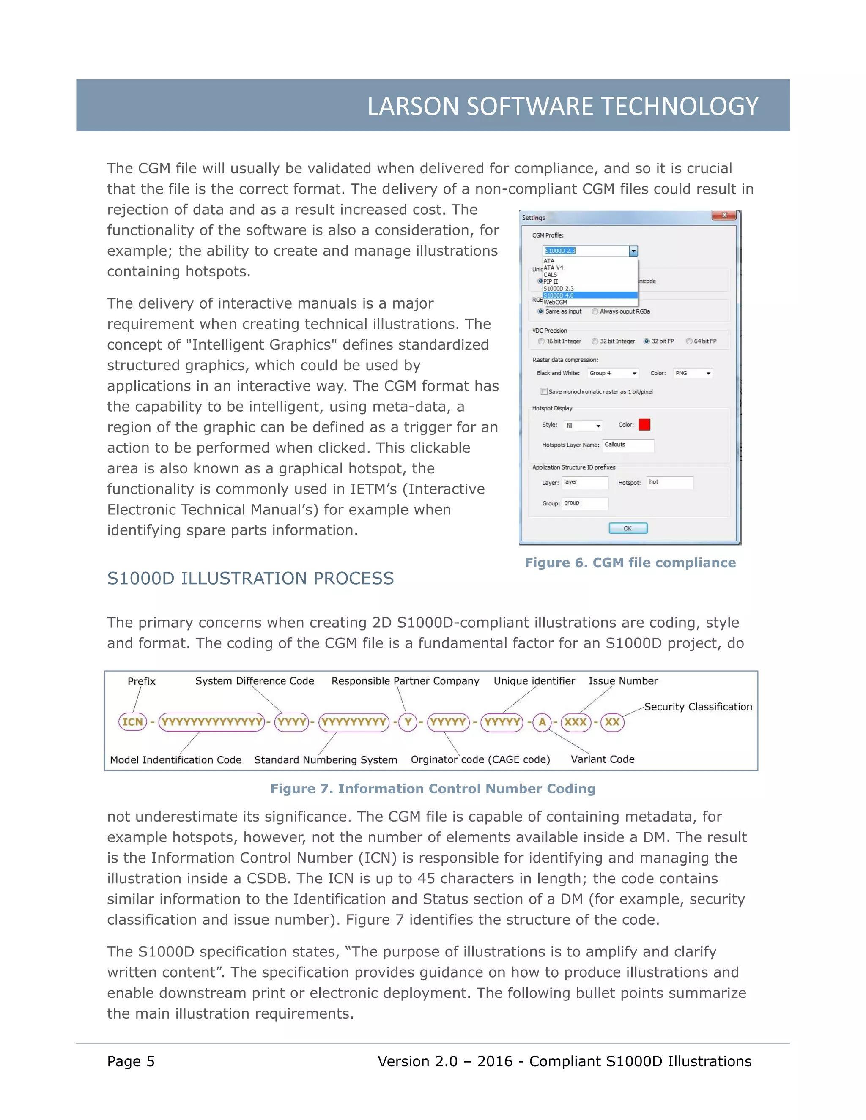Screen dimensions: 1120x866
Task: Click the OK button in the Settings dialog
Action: coord(628,528)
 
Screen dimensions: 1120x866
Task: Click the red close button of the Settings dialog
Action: coord(724,216)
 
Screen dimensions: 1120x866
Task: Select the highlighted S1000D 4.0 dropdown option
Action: coord(589,295)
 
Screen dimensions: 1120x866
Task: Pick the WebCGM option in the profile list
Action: coord(555,303)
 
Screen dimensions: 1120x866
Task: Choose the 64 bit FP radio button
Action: coord(689,341)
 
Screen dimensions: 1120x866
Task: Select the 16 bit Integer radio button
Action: coord(541,341)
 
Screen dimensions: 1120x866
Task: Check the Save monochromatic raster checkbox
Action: coord(544,392)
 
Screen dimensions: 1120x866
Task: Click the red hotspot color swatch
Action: coord(644,425)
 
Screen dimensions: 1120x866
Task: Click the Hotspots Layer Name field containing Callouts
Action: coord(628,445)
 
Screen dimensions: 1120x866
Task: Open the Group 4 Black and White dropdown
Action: coord(613,373)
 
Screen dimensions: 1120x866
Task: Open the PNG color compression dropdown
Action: coord(693,373)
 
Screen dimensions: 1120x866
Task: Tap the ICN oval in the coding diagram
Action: coord(132,722)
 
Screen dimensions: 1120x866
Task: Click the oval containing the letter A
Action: coord(542,722)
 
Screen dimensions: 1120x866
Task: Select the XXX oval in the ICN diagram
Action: coord(576,722)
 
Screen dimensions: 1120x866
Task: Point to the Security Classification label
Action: coord(698,707)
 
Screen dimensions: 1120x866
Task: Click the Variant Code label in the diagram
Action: coord(602,759)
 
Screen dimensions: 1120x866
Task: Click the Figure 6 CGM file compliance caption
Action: coord(630,563)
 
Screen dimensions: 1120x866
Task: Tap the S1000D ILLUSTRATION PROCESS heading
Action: coord(250,579)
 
